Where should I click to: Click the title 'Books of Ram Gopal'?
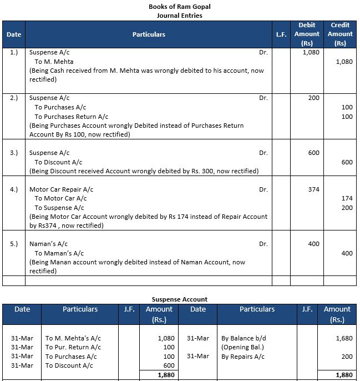[x=180, y=6]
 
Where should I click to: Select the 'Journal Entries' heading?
[x=180, y=15]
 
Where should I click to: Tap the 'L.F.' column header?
[x=281, y=34]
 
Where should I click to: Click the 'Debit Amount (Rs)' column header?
[x=307, y=34]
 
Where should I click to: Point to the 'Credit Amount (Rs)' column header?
[x=339, y=34]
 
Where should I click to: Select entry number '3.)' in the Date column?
[x=14, y=153]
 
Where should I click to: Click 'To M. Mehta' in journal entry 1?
[x=54, y=62]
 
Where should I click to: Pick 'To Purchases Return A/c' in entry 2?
[x=71, y=117]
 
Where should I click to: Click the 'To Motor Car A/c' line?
[x=60, y=198]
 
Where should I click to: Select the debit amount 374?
[x=313, y=189]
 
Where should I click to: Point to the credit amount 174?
[x=347, y=198]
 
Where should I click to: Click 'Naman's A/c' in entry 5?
[x=48, y=244]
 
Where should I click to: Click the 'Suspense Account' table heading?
[x=180, y=299]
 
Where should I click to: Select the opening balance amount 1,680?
[x=344, y=338]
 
